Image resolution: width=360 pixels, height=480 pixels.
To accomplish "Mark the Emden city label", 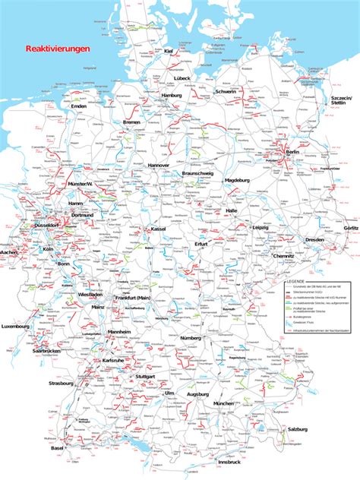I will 78,106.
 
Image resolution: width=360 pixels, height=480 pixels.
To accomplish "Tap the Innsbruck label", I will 229,462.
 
